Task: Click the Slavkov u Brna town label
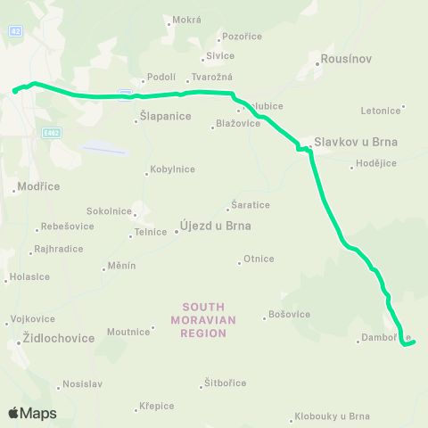pyautogui.click(x=355, y=142)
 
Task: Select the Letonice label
pyautogui.click(x=381, y=111)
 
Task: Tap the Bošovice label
pyautogui.click(x=289, y=315)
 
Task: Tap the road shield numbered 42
pyautogui.click(x=15, y=30)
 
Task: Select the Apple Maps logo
pyautogui.click(x=32, y=413)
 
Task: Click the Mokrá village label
pyautogui.click(x=187, y=20)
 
